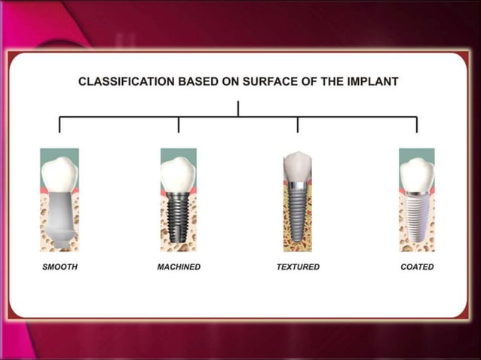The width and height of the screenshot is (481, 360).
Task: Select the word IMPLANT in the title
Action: (x=372, y=81)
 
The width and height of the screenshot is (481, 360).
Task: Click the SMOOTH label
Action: (x=60, y=267)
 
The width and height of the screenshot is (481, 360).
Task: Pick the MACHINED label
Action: (x=179, y=267)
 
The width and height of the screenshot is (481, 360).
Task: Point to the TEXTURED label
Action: (x=298, y=267)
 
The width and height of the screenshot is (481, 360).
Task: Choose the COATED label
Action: (x=417, y=267)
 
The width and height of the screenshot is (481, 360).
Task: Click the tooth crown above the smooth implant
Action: (x=59, y=174)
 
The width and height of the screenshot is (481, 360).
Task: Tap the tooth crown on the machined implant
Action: (x=178, y=174)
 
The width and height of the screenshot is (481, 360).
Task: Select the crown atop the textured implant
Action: (x=297, y=167)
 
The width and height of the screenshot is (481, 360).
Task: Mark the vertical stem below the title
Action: (x=238, y=108)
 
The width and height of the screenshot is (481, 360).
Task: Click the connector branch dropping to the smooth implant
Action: (x=60, y=124)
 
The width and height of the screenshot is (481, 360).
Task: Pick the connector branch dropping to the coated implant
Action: (x=417, y=124)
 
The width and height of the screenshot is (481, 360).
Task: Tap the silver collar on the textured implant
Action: (x=297, y=185)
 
